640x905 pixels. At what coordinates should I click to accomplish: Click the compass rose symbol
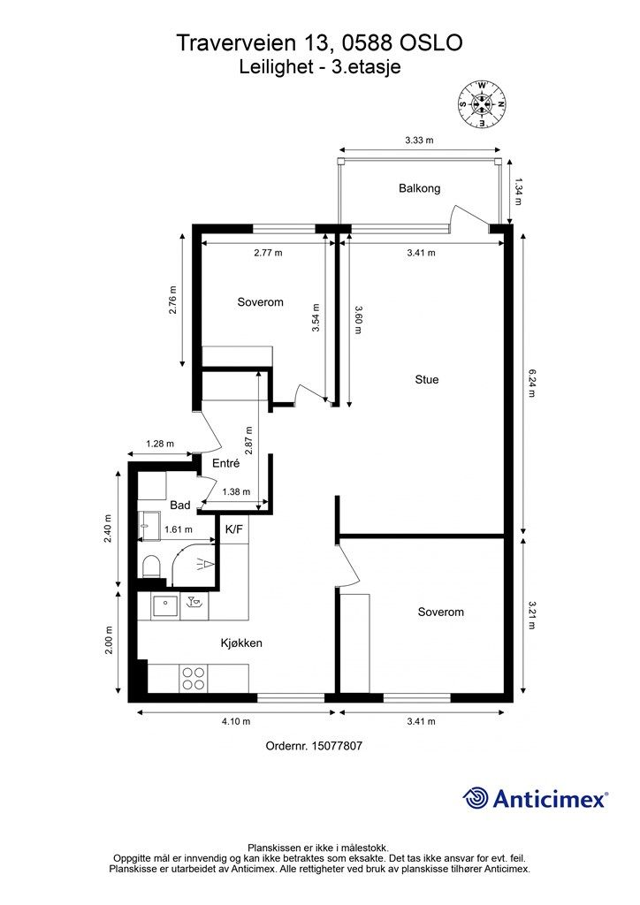pos(481,104)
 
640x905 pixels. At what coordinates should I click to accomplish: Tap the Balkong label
pos(420,188)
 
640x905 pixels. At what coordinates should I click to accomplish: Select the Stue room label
pos(426,379)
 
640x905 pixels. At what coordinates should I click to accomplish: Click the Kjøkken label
pos(241,643)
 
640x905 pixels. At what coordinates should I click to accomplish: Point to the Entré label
pos(225,463)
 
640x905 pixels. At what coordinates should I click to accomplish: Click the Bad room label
pos(180,505)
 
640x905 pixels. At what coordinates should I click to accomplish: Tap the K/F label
pos(233,529)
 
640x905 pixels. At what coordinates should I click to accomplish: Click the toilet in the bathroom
pos(150,566)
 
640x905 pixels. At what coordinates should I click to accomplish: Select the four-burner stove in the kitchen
pos(193,678)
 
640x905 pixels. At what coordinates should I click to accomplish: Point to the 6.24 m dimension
pos(531,384)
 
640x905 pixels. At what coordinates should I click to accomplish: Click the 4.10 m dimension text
pos(236,721)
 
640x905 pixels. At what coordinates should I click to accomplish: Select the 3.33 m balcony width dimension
pos(420,140)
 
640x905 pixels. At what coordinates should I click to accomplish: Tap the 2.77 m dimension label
pos(269,252)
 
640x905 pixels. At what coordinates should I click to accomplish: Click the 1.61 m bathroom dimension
pos(179,529)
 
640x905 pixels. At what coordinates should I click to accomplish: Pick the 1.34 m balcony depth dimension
pos(518,192)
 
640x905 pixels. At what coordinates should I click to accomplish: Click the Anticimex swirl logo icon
pos(476,798)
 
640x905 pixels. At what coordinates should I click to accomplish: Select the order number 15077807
pos(337,746)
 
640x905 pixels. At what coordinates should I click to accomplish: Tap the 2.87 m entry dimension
pos(249,440)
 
